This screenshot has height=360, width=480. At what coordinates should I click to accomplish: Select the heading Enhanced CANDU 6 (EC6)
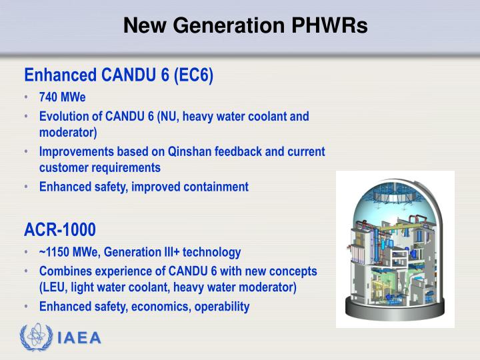119,75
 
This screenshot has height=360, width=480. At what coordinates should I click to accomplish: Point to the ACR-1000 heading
60,230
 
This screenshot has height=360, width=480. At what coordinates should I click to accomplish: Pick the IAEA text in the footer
79,337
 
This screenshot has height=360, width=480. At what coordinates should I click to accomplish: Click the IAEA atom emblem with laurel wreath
35,337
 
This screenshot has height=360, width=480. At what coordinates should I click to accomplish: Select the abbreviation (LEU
53,288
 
